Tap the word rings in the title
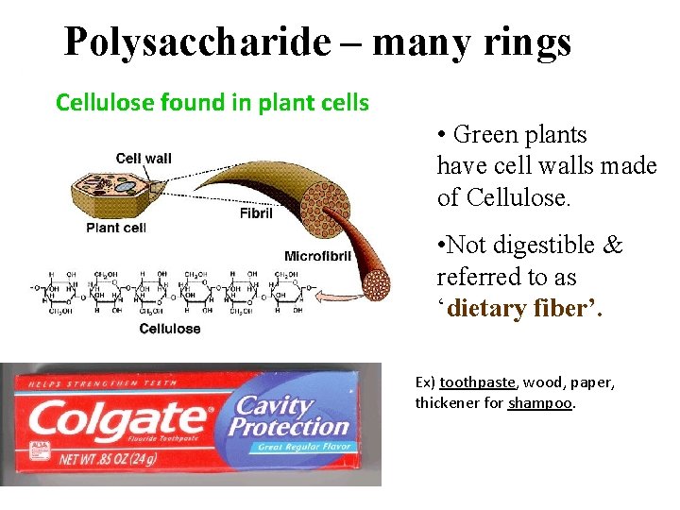click(x=529, y=42)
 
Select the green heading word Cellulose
click(x=100, y=103)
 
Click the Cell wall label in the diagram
click(x=144, y=159)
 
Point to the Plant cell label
click(x=116, y=228)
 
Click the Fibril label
click(x=256, y=213)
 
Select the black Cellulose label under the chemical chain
click(x=170, y=329)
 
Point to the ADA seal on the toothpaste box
click(x=40, y=450)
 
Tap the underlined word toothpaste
click(x=477, y=382)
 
